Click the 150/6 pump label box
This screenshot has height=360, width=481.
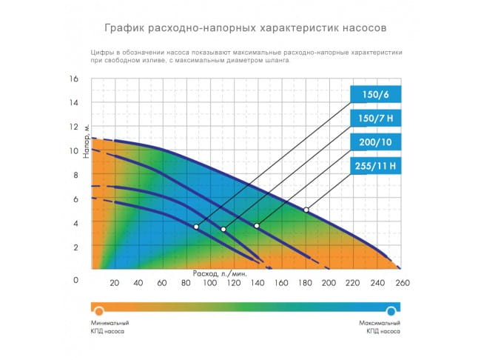(x=375, y=95)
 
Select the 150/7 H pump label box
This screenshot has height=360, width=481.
(x=375, y=119)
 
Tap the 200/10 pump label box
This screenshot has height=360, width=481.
(x=375, y=142)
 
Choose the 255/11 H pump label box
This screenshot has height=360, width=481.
(x=375, y=166)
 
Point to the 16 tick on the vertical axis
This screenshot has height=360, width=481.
(x=74, y=79)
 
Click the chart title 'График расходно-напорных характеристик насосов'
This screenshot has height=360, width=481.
(x=240, y=28)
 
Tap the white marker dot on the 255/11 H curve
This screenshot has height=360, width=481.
(x=306, y=210)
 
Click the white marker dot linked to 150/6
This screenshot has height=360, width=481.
(x=196, y=227)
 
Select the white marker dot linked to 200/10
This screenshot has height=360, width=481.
(x=257, y=225)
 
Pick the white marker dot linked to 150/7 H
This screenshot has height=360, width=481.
(x=223, y=229)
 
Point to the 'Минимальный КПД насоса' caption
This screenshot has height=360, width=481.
(x=110, y=328)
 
